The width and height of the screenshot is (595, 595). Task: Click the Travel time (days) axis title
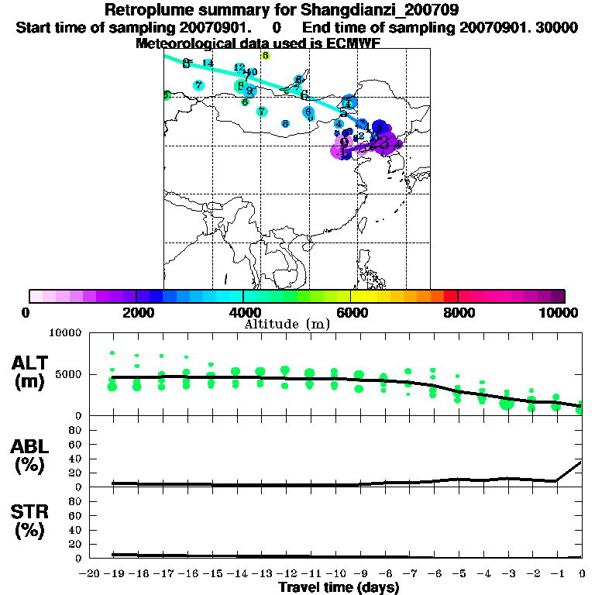[x=339, y=588]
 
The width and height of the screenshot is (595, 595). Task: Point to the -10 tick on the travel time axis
[x=336, y=573]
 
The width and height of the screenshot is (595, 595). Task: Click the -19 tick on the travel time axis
[x=114, y=573]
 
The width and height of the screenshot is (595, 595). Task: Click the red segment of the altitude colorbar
[x=450, y=296]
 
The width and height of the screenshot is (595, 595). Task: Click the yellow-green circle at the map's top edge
[x=266, y=56]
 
